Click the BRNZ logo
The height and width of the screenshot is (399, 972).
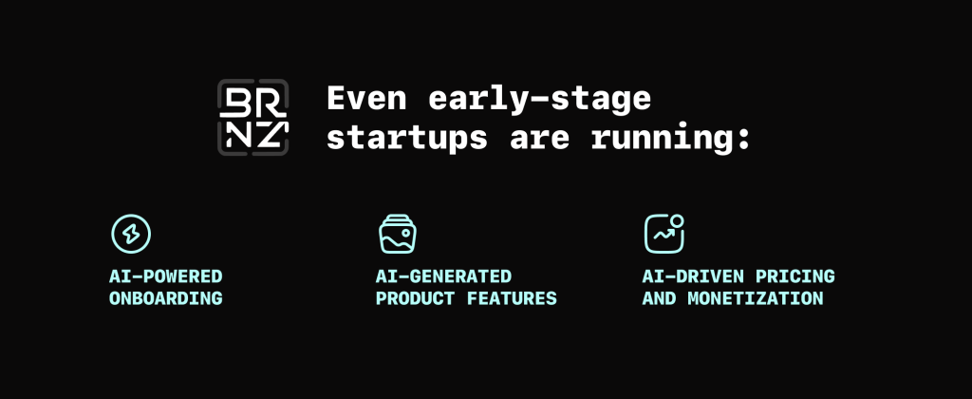[x=252, y=117]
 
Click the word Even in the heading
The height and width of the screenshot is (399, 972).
[x=366, y=98]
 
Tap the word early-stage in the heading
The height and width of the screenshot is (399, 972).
[x=539, y=101]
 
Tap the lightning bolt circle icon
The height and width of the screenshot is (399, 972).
[x=131, y=234]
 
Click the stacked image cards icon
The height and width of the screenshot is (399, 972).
[x=398, y=234]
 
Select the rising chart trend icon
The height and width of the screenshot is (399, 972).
[x=664, y=234]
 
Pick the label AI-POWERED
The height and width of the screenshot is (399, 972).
[x=165, y=276]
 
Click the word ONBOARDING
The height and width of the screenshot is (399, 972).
[x=165, y=298]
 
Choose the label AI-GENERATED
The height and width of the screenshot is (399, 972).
[x=444, y=276]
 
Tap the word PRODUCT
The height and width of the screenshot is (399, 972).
[x=416, y=298]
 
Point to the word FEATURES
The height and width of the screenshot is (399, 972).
[x=512, y=298]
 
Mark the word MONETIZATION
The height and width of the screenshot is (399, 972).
[x=756, y=298]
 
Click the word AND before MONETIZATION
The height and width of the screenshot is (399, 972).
[x=659, y=298]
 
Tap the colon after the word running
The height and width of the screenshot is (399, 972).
[x=743, y=141]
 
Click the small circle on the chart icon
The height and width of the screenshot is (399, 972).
[x=677, y=221]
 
